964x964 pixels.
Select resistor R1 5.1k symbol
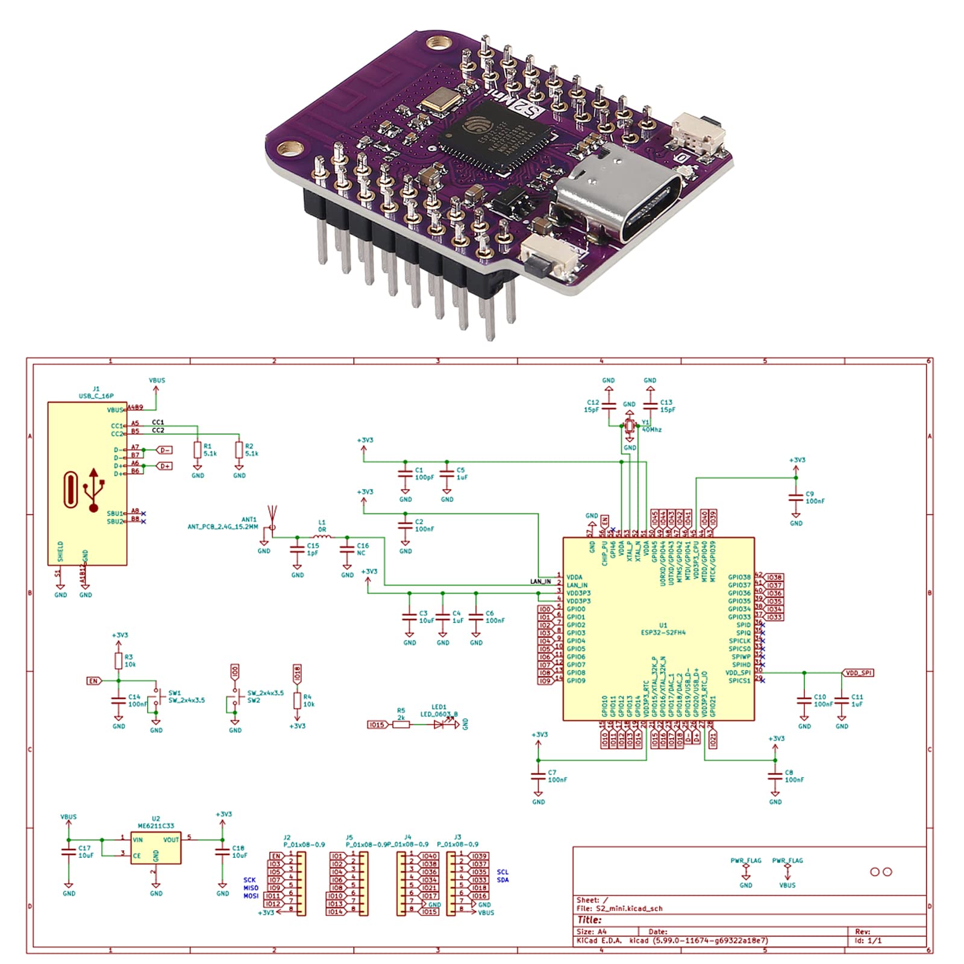198,449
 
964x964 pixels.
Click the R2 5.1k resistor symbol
239,449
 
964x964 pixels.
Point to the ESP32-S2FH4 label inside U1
663,633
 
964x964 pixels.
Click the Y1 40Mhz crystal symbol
630,426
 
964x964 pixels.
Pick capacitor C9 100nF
796,497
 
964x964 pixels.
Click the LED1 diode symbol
439,724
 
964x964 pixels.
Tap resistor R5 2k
401,724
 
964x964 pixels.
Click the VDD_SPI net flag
857,672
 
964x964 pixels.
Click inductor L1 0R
322,536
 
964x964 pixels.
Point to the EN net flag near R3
94,680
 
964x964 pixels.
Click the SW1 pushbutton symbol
159,698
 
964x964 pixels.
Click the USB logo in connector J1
94,489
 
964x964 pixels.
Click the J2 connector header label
287,837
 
